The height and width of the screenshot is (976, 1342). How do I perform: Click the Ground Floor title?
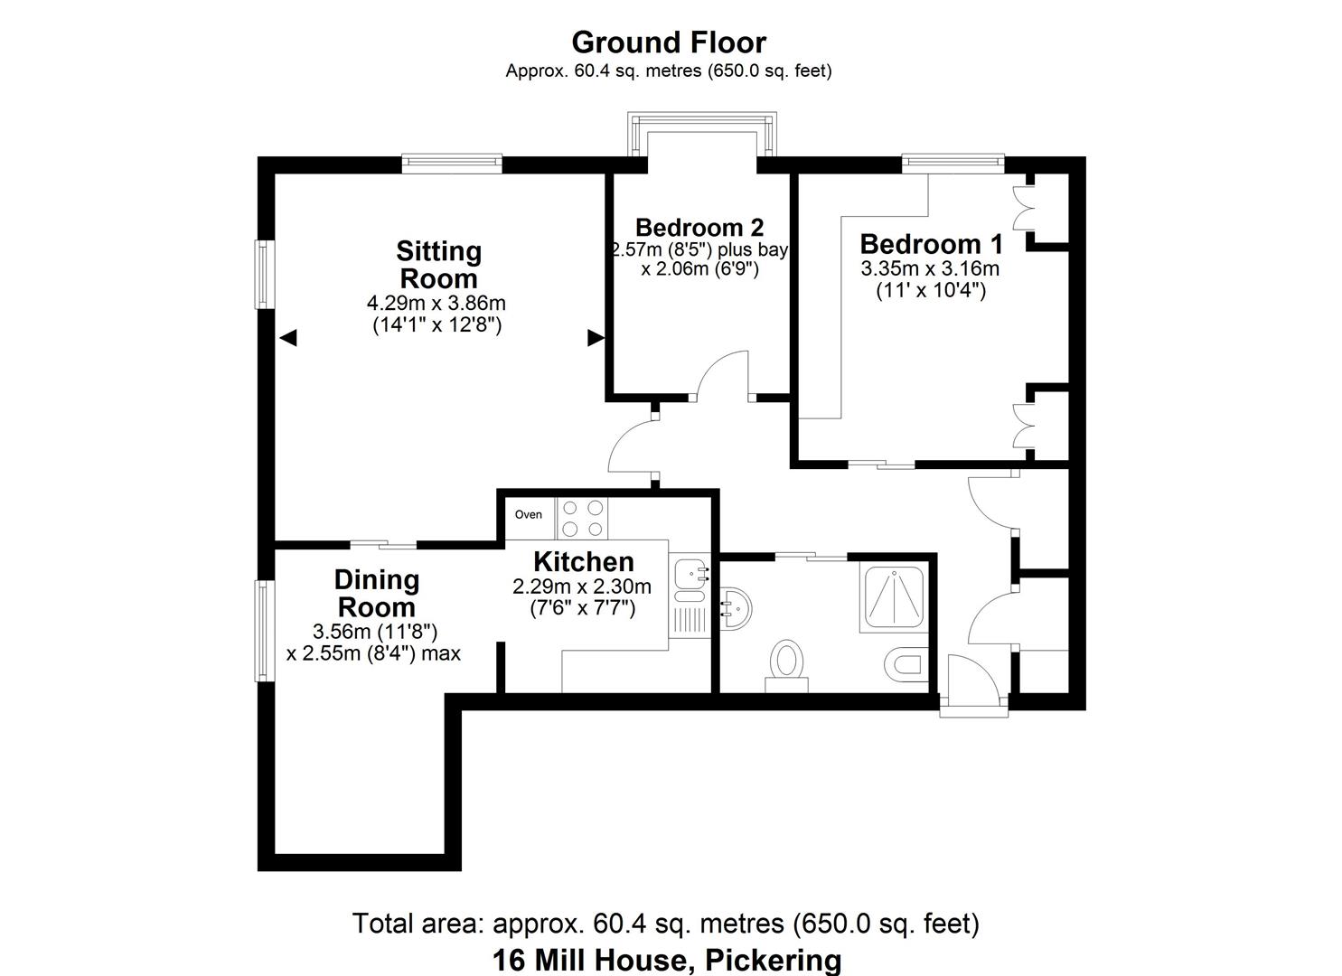click(x=669, y=42)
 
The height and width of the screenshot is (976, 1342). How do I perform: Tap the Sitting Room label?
click(x=438, y=264)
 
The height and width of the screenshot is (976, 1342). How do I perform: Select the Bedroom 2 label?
click(x=699, y=227)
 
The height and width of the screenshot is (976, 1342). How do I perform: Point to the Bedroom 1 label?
click(x=931, y=244)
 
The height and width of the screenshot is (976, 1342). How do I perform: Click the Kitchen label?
click(x=583, y=561)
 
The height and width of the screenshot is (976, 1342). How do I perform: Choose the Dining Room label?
click(x=376, y=593)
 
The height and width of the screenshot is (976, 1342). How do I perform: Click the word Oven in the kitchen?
click(x=529, y=514)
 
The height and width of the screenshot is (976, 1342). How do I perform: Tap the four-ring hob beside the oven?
click(x=583, y=519)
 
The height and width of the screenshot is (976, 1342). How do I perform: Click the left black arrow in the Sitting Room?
click(x=288, y=338)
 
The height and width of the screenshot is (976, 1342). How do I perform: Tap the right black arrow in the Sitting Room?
click(x=596, y=338)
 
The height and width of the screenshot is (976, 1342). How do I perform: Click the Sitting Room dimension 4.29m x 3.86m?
click(x=438, y=303)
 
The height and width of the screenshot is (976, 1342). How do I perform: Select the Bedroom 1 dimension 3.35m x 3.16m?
click(x=930, y=268)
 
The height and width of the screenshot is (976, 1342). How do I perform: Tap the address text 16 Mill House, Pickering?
click(x=667, y=959)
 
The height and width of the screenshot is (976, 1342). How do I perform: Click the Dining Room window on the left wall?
click(x=263, y=631)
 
